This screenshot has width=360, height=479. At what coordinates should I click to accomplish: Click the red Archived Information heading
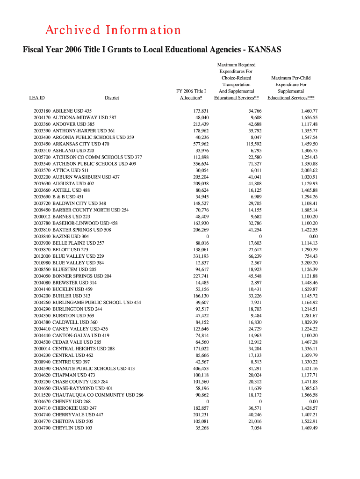113,30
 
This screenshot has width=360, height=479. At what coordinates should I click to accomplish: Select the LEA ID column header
37,98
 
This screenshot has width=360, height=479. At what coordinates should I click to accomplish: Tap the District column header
112,98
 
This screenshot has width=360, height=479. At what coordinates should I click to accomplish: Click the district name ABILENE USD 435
72,111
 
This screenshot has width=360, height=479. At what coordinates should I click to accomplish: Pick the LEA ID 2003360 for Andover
42,124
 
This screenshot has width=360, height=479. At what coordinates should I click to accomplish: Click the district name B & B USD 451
68,197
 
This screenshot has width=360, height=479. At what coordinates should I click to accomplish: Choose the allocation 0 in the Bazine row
207,237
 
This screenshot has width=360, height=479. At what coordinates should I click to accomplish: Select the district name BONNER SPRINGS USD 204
82,276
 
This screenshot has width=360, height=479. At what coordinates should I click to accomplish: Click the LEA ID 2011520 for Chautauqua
42,395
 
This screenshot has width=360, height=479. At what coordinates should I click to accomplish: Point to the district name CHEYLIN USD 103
72,428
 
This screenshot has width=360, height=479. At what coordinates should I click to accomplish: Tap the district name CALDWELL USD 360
75,322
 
